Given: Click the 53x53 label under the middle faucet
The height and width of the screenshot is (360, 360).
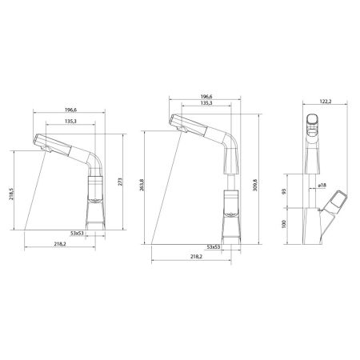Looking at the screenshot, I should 214,248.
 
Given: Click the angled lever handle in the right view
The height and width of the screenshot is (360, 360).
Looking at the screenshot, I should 340,200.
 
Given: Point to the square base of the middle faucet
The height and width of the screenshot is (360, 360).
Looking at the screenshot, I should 230,232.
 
